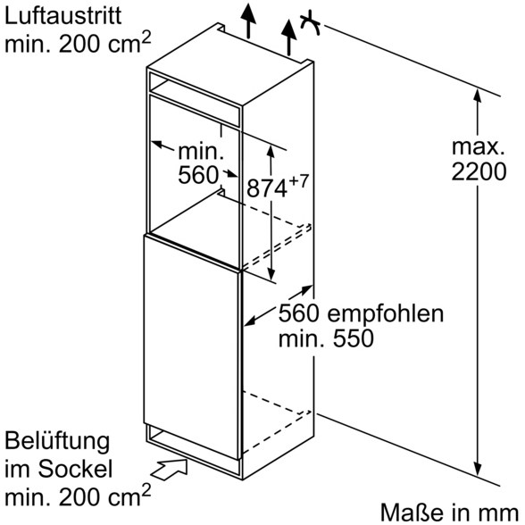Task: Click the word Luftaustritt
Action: (62, 16)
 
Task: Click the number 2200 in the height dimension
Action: (479, 172)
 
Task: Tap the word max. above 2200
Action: (479, 147)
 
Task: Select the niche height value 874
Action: (267, 188)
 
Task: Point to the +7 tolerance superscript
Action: (298, 180)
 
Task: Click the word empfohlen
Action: (386, 314)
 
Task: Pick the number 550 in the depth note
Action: (353, 338)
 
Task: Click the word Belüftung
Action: (57, 442)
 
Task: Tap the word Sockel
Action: (75, 469)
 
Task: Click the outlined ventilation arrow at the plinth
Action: (170, 470)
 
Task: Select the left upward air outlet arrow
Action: (248, 21)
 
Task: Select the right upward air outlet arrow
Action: (288, 37)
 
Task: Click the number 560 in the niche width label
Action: (198, 174)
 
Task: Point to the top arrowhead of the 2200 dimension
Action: (478, 96)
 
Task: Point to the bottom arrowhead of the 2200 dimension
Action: (478, 469)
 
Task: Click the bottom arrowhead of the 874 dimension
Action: (271, 273)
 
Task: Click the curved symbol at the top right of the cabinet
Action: (310, 23)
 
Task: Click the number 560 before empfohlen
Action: (299, 313)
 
